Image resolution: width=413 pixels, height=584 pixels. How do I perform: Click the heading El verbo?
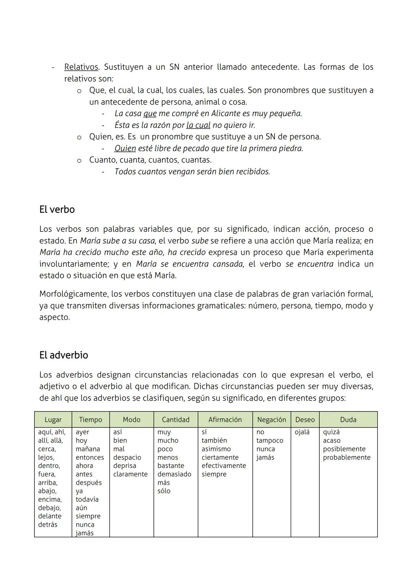[x=57, y=210]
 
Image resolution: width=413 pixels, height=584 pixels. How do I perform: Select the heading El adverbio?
[x=63, y=355]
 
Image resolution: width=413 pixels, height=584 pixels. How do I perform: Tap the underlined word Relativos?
[x=81, y=67]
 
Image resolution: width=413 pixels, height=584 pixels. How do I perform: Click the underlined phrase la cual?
[x=198, y=125]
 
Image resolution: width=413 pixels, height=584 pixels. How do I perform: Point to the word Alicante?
[x=227, y=114]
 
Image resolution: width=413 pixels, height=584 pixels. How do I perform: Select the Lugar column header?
[x=53, y=420]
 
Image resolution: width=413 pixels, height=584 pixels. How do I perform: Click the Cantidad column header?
[x=176, y=420]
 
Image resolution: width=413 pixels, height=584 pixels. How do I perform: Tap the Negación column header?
[x=271, y=420]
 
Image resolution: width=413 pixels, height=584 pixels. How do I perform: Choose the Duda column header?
[x=348, y=420]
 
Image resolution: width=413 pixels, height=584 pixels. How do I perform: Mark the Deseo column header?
[x=305, y=420]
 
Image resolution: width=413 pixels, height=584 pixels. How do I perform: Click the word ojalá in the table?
[x=302, y=432]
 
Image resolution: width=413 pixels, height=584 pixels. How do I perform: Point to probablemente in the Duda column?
[x=346, y=457]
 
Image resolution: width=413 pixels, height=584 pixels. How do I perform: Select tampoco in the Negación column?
[x=270, y=441]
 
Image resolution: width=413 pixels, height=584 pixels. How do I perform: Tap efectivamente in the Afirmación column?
[x=224, y=466]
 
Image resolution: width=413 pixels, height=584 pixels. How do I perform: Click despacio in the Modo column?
[x=127, y=457]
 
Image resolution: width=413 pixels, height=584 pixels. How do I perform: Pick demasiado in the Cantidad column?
[x=174, y=474]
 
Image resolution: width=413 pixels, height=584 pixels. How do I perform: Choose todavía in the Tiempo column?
[x=87, y=499]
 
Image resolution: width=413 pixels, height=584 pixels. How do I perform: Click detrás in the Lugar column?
[x=48, y=525]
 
